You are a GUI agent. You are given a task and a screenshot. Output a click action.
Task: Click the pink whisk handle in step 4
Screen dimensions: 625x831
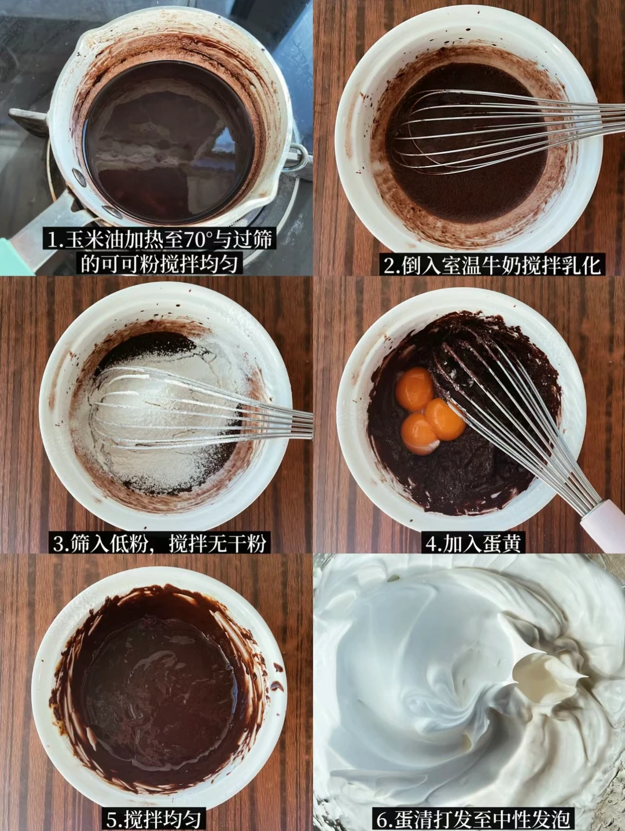pos(603,521)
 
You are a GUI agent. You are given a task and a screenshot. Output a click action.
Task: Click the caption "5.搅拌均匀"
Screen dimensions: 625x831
pos(153,819)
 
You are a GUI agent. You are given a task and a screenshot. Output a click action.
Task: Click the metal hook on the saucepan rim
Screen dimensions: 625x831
pos(296,156)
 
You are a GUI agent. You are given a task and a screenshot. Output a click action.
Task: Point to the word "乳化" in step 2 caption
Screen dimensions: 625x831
pos(583,266)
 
